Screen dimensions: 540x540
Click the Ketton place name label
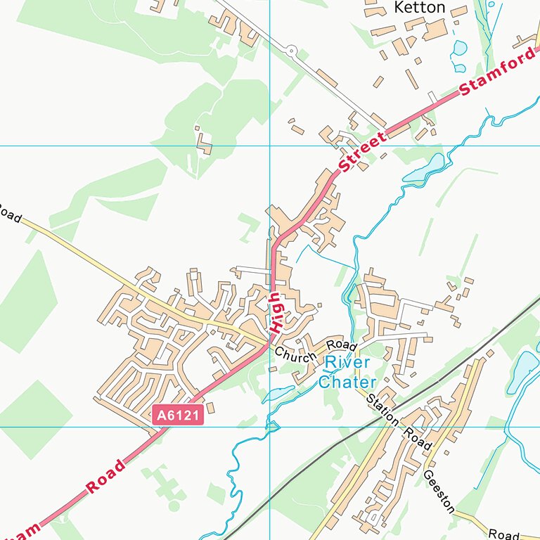(x=420, y=8)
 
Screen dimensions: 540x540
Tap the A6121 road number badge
(x=178, y=416)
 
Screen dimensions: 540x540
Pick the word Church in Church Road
(x=296, y=356)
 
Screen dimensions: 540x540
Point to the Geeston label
(x=439, y=491)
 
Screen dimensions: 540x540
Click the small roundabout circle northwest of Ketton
(x=291, y=50)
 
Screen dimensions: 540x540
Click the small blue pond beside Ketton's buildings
(x=460, y=49)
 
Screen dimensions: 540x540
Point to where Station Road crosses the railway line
(x=397, y=409)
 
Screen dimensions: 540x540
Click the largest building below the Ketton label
(x=435, y=30)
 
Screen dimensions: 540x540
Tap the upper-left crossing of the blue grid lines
(x=270, y=146)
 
